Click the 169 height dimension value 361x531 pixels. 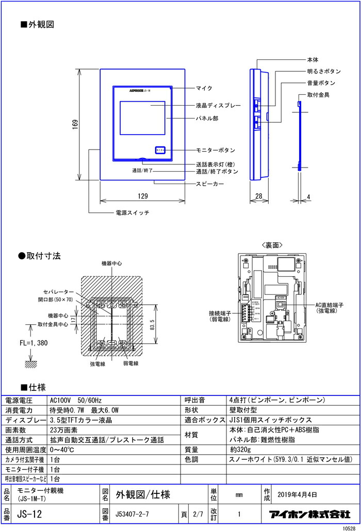pos(75,124)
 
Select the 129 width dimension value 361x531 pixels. pos(143,196)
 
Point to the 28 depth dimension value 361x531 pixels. pos(258,196)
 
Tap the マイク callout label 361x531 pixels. pos(204,89)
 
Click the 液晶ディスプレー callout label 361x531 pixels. pos(218,105)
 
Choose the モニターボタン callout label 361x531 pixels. pos(216,150)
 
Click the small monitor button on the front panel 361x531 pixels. pos(160,150)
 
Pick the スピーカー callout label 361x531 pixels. pos(210,184)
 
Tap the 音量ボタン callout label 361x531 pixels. pos(321,82)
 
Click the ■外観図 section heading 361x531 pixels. pos(37,24)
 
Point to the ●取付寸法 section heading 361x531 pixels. pos(40,255)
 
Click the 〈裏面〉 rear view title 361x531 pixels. pos(272,245)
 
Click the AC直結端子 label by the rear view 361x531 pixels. pos(331,305)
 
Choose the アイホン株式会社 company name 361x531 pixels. pos(309,514)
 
